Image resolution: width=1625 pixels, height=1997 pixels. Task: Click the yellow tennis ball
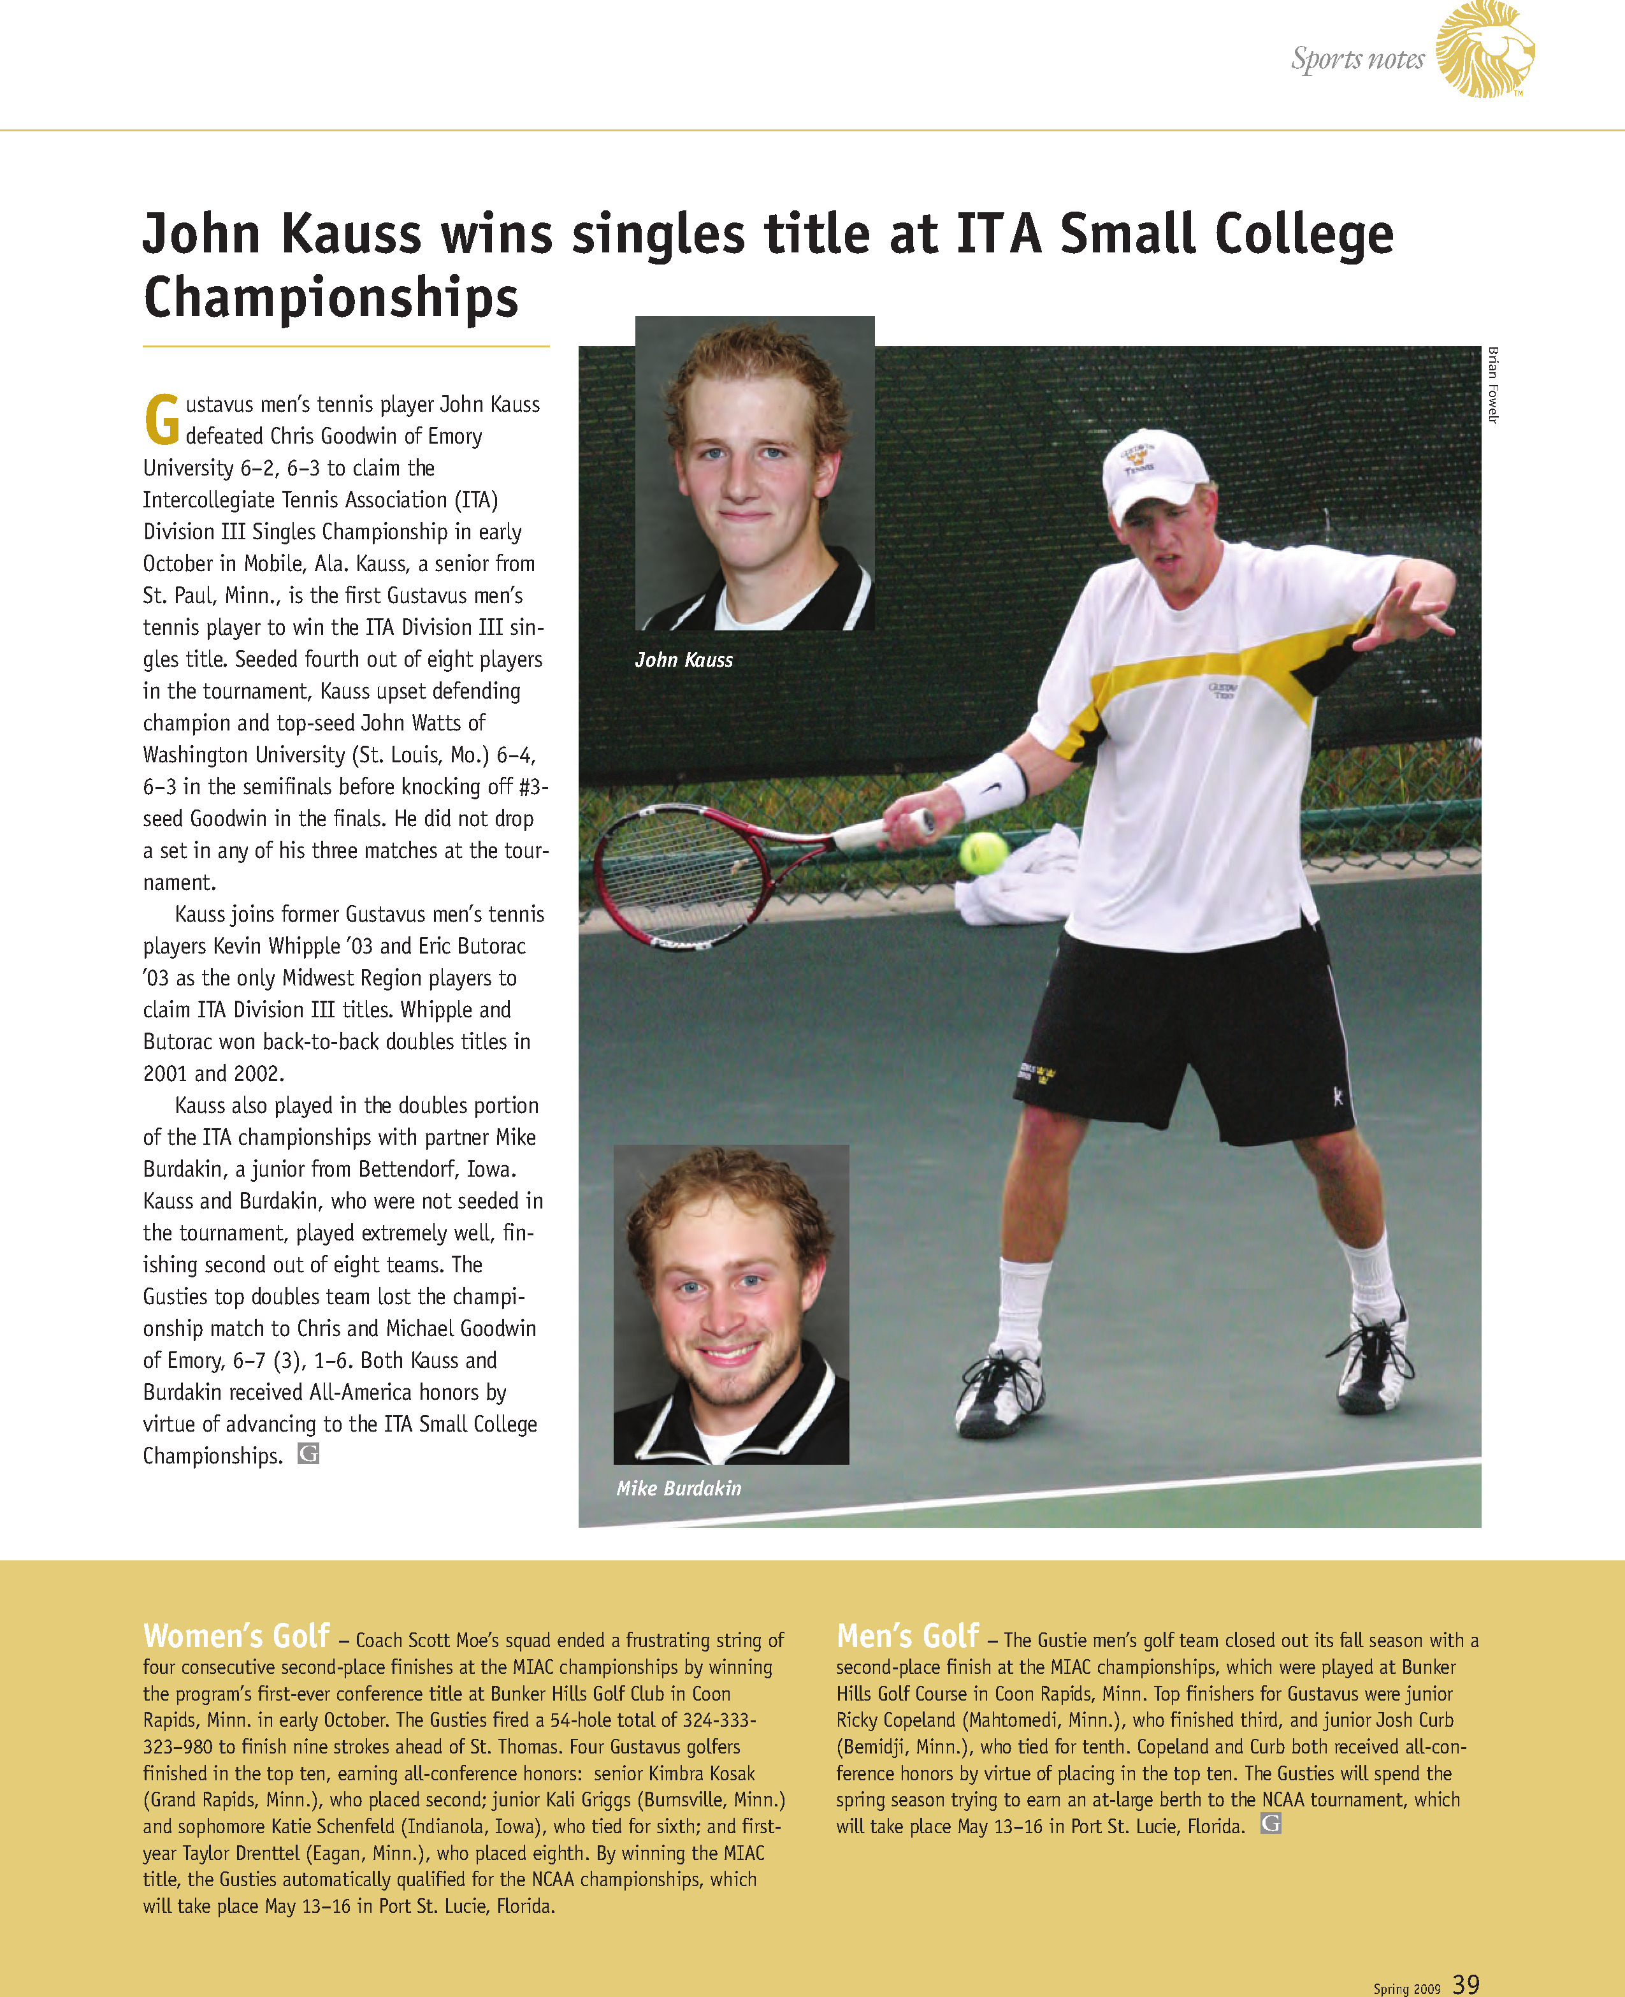pyautogui.click(x=983, y=852)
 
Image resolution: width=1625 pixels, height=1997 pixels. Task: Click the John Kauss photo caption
pyautogui.click(x=683, y=660)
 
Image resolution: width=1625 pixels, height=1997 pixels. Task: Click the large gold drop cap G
pyautogui.click(x=162, y=419)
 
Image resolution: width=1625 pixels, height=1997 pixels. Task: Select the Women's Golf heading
pyautogui.click(x=236, y=1636)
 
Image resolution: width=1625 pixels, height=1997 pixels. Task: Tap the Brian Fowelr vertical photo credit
pyautogui.click(x=1493, y=385)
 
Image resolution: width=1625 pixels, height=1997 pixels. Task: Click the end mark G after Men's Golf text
pyautogui.click(x=1270, y=1823)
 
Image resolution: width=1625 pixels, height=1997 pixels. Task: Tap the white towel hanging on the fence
pyautogui.click(x=1016, y=880)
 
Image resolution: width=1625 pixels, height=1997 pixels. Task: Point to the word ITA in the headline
pyautogui.click(x=998, y=234)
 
